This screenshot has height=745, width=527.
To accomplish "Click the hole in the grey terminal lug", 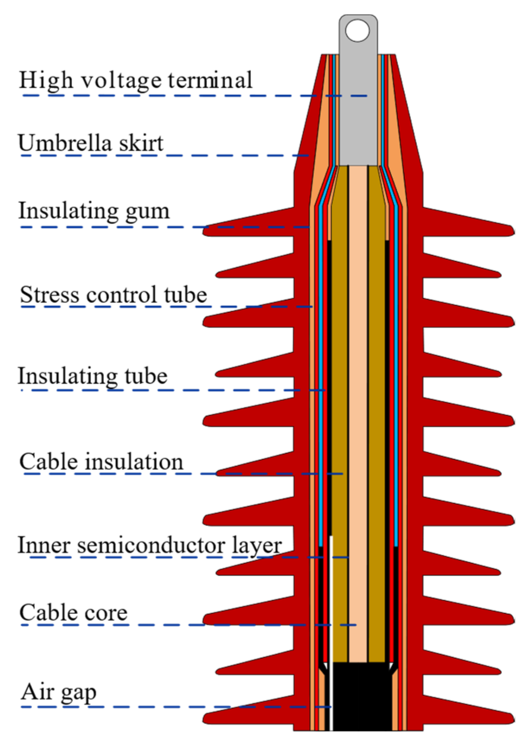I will (357, 31).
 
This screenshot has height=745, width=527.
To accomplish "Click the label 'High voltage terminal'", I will (136, 80).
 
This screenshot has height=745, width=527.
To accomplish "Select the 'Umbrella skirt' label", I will (91, 143).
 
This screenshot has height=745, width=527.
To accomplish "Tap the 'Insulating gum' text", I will (94, 211).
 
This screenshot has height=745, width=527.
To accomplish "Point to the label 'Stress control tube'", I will (114, 295).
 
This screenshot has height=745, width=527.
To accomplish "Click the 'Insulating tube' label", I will (92, 376).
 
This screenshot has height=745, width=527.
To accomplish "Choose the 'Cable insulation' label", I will (101, 462).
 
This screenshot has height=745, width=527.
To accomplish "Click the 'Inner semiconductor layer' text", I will (149, 545).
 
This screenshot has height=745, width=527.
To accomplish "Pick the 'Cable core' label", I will (73, 613).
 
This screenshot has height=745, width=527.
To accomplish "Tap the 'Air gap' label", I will (59, 692).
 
